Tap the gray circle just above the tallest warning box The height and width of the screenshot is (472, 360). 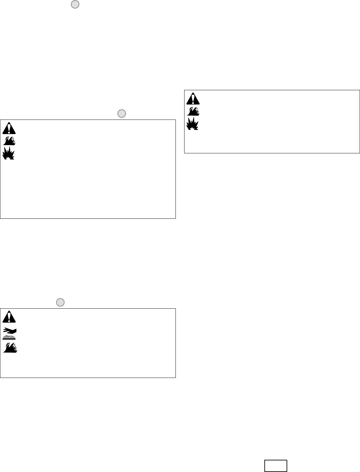pyautogui.click(x=121, y=114)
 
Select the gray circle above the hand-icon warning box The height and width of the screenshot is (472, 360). pyautogui.click(x=60, y=302)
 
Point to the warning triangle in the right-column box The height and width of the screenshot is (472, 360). pyautogui.click(x=193, y=99)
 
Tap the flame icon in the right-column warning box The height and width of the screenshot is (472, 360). pyautogui.click(x=193, y=111)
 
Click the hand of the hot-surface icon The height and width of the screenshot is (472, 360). pyautogui.click(x=11, y=330)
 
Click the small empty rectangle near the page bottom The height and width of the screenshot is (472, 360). pyautogui.click(x=276, y=466)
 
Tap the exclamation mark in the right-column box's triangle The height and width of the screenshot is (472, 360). pyautogui.click(x=193, y=99)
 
